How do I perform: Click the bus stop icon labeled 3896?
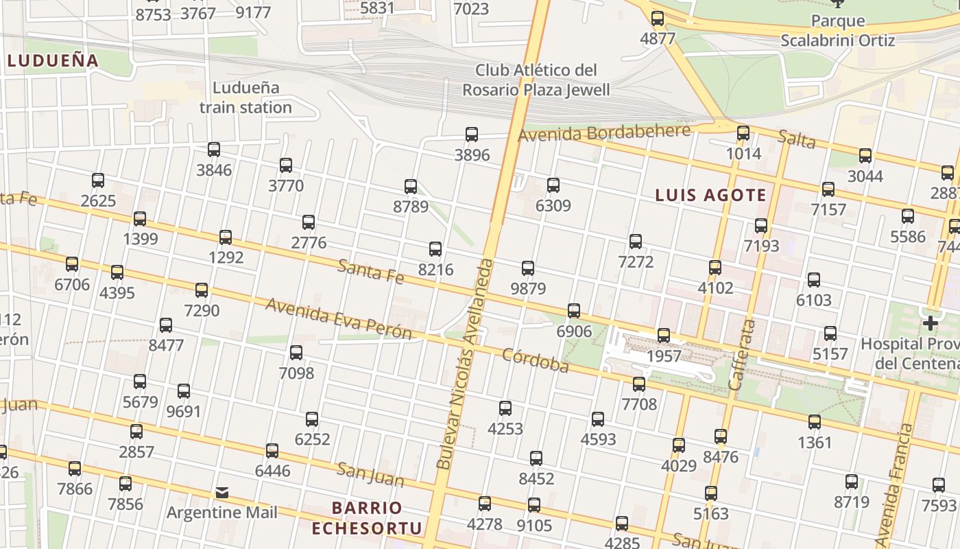(472, 135)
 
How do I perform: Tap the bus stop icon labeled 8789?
(411, 187)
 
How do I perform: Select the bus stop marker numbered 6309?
(553, 185)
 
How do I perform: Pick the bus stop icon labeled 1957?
(664, 336)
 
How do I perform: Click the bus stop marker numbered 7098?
(296, 353)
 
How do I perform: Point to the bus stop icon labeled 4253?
(505, 408)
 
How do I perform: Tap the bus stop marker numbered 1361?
(815, 422)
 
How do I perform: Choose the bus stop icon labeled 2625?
(98, 180)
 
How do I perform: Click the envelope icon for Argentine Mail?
(222, 493)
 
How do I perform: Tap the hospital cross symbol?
(931, 323)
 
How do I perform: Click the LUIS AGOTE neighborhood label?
(710, 196)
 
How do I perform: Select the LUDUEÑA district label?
(53, 60)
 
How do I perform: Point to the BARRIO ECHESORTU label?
(367, 518)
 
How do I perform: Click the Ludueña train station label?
(245, 97)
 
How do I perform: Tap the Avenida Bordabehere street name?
(603, 132)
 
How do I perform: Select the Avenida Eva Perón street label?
(339, 319)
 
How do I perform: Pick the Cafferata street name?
(742, 355)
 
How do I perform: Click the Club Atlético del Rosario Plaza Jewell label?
(536, 80)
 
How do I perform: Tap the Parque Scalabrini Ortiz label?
(837, 31)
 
